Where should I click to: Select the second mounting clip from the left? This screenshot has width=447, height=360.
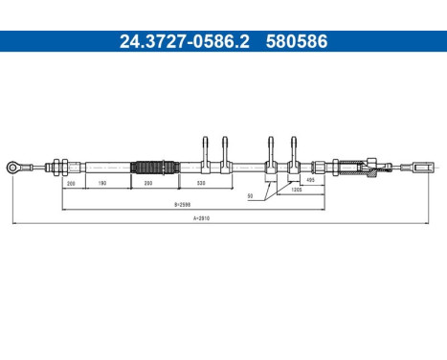pyautogui.click(x=226, y=153)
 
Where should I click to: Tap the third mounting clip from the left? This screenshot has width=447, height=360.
pyautogui.click(x=272, y=153)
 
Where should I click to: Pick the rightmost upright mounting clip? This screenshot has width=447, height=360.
pyautogui.click(x=294, y=153)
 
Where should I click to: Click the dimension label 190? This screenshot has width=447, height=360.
pyautogui.click(x=102, y=182)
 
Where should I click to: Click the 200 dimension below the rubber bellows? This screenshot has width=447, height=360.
pyautogui.click(x=147, y=182)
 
